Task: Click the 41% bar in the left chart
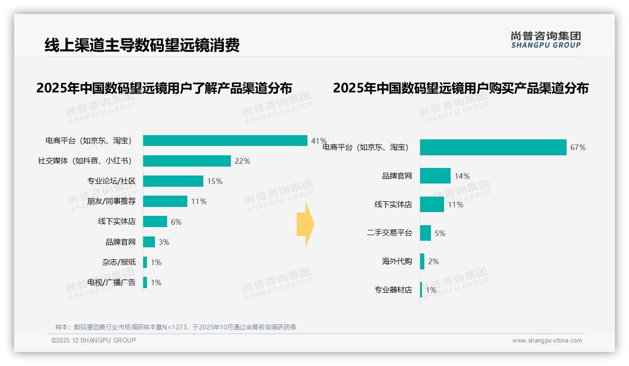click(x=225, y=141)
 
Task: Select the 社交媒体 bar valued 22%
click(x=187, y=161)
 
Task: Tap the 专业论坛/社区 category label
click(x=111, y=181)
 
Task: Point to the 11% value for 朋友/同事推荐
click(x=199, y=202)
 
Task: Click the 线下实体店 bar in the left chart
click(x=155, y=221)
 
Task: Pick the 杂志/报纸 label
click(x=119, y=262)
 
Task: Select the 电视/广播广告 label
click(x=111, y=282)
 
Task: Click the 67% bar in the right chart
click(x=493, y=147)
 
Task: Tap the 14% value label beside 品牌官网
click(x=462, y=176)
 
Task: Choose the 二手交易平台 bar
click(x=425, y=233)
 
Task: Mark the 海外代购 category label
click(x=397, y=261)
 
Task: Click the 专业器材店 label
click(x=393, y=290)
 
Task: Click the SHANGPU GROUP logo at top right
click(x=545, y=40)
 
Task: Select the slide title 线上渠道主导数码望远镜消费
click(x=142, y=45)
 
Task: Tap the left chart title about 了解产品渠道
click(x=164, y=88)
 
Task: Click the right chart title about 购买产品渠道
click(x=460, y=88)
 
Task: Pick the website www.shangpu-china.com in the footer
click(x=547, y=341)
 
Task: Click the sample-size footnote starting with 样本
click(x=176, y=327)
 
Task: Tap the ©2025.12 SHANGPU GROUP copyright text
click(x=94, y=341)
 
